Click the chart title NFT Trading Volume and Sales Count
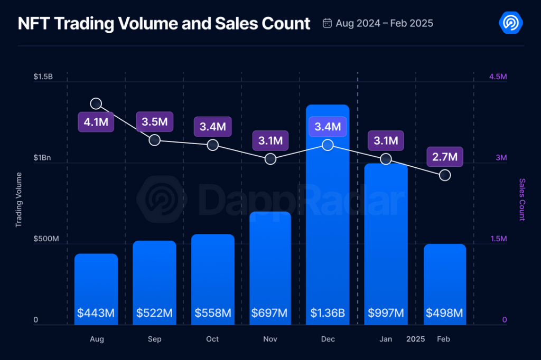(164, 23)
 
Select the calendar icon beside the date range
(327, 23)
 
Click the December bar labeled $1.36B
(328, 211)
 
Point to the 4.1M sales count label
(96, 122)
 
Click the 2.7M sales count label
(444, 156)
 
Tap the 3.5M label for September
(154, 122)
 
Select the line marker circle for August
(96, 103)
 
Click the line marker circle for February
(445, 175)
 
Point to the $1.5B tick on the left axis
(43, 77)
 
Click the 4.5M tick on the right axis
(498, 77)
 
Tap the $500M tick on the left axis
(46, 240)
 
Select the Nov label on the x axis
(270, 339)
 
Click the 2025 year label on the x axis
(415, 339)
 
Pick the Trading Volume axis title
(19, 199)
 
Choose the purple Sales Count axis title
(522, 199)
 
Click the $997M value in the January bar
(386, 313)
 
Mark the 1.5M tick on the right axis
(498, 240)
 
